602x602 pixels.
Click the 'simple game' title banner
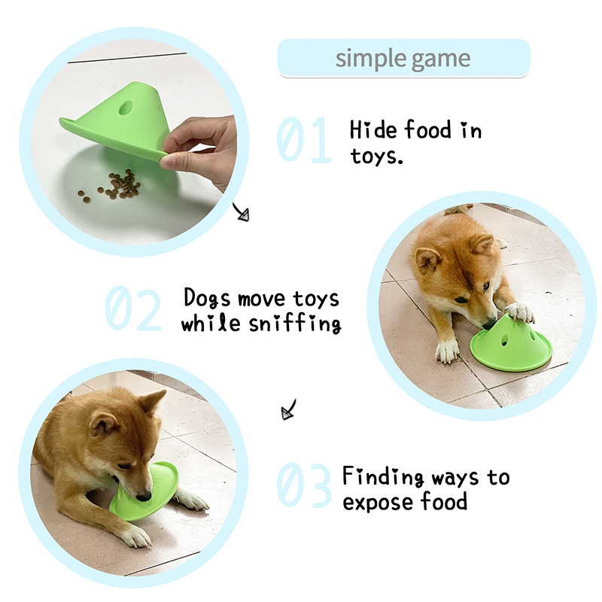tap(403, 58)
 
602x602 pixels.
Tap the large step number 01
tap(304, 140)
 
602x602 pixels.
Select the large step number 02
tap(133, 308)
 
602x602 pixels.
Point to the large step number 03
tap(304, 485)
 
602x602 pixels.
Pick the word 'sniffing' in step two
tap(294, 324)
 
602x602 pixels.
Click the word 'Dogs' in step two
tap(206, 298)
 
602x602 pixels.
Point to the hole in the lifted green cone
tap(125, 108)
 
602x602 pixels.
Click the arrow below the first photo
tap(241, 212)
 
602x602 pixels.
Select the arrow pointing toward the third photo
tap(289, 409)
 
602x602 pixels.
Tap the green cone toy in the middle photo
tap(511, 345)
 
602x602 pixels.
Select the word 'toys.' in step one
tap(377, 157)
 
